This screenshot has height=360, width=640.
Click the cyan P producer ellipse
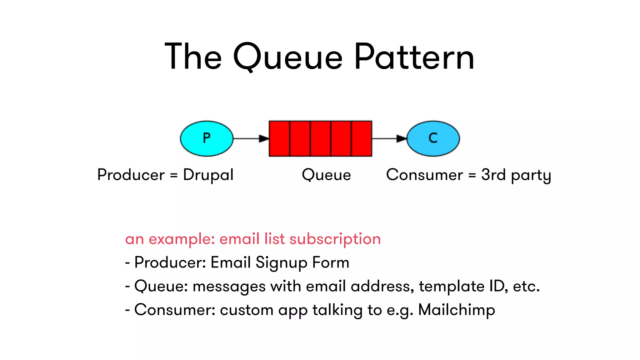pyautogui.click(x=207, y=138)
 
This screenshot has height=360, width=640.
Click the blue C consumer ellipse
pyautogui.click(x=433, y=138)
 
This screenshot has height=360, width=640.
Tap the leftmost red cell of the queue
pyautogui.click(x=279, y=138)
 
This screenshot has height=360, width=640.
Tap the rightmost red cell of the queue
pyautogui.click(x=362, y=138)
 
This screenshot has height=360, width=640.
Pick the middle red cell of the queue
pyautogui.click(x=320, y=138)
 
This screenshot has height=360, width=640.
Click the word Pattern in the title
pyautogui.click(x=414, y=57)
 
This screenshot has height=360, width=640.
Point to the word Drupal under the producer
pyautogui.click(x=208, y=175)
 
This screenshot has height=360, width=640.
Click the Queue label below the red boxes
pyautogui.click(x=326, y=175)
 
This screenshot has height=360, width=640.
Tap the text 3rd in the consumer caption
pyautogui.click(x=493, y=175)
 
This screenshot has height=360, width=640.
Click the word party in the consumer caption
pyautogui.click(x=531, y=176)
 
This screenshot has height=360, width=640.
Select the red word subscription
pyautogui.click(x=335, y=239)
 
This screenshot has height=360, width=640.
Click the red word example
pyautogui.click(x=182, y=239)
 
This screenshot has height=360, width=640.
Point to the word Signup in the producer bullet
pyautogui.click(x=281, y=263)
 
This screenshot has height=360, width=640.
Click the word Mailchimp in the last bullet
pyautogui.click(x=456, y=310)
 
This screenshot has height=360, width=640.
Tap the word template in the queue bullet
pyautogui.click(x=451, y=286)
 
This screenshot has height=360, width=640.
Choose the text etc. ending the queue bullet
pyautogui.click(x=526, y=286)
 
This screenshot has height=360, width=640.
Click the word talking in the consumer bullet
pyautogui.click(x=337, y=310)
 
